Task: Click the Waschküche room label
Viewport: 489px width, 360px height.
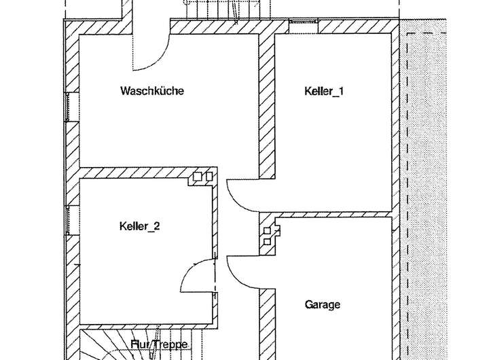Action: click(x=152, y=90)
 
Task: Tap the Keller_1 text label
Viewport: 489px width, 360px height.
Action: click(x=323, y=91)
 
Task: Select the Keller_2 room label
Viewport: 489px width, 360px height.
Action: click(x=139, y=227)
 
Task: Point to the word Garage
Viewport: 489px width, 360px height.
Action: click(x=322, y=305)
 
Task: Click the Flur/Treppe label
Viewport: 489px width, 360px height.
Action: click(x=159, y=344)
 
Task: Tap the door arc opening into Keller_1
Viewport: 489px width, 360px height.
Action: click(x=243, y=197)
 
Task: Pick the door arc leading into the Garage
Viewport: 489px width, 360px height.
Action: click(x=243, y=272)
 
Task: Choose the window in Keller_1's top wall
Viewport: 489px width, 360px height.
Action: click(x=302, y=26)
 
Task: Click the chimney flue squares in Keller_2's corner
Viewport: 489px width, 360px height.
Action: click(x=202, y=177)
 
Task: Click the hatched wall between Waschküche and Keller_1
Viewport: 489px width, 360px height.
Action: click(x=266, y=102)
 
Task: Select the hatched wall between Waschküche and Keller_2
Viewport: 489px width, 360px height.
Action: click(x=146, y=173)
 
